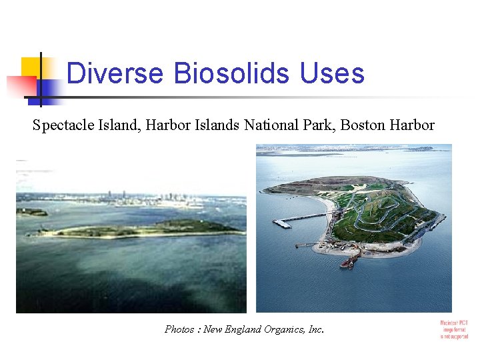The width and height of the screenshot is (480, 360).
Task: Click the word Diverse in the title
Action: (114, 73)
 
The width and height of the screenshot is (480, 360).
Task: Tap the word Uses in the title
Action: (332, 73)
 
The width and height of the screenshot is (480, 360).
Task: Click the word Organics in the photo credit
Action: (285, 329)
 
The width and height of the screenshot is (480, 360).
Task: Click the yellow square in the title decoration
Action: (32, 67)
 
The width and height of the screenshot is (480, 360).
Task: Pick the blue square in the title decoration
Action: (48, 91)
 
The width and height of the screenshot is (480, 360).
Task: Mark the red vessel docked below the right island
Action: (347, 264)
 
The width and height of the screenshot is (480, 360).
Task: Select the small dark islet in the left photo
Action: (32, 213)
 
